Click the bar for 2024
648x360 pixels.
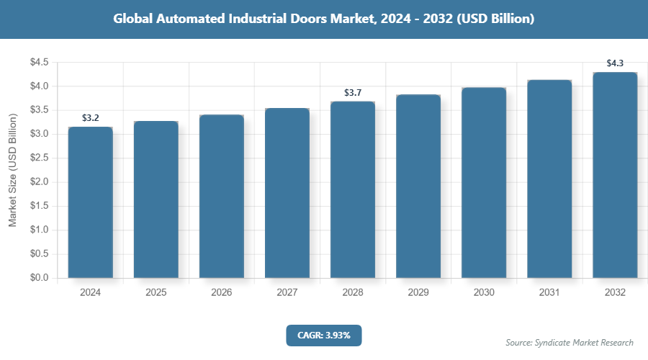[x=91, y=202]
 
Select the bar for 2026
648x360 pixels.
[x=222, y=196]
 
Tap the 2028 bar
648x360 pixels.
[x=353, y=189]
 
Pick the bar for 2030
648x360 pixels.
[x=484, y=182]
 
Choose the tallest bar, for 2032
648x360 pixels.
[x=615, y=175]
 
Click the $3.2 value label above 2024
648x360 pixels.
[x=91, y=117]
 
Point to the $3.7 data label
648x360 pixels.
[x=353, y=93]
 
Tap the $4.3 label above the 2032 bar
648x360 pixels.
[x=615, y=63]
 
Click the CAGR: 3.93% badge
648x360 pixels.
[x=323, y=335]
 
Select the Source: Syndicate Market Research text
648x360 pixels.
[x=570, y=342]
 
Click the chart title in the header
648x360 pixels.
[x=324, y=19]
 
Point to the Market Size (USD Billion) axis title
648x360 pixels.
[x=12, y=170]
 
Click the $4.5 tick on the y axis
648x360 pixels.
[x=39, y=63]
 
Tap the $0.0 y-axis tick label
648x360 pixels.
[x=39, y=278]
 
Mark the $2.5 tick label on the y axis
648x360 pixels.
[x=39, y=158]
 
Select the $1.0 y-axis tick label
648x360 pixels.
[x=39, y=230]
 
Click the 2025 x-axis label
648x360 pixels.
[x=156, y=293]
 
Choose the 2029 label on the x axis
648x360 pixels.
[x=418, y=293]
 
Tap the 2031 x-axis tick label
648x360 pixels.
[x=549, y=293]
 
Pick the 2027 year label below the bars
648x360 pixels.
[x=287, y=293]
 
